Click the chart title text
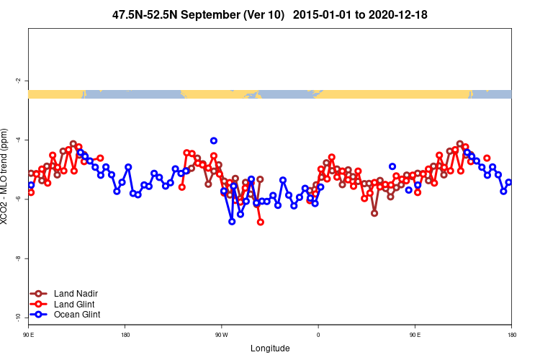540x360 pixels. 270,14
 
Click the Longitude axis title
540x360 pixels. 270,348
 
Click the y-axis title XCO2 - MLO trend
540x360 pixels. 6,177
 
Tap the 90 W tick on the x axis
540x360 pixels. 221,334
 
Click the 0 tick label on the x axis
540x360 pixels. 318,334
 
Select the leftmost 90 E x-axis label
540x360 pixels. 28,334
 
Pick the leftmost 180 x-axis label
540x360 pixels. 125,334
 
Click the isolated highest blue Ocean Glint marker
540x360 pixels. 214,140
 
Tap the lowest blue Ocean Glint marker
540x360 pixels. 232,222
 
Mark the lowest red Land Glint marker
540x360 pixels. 261,222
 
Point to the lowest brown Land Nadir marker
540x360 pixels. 374,213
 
